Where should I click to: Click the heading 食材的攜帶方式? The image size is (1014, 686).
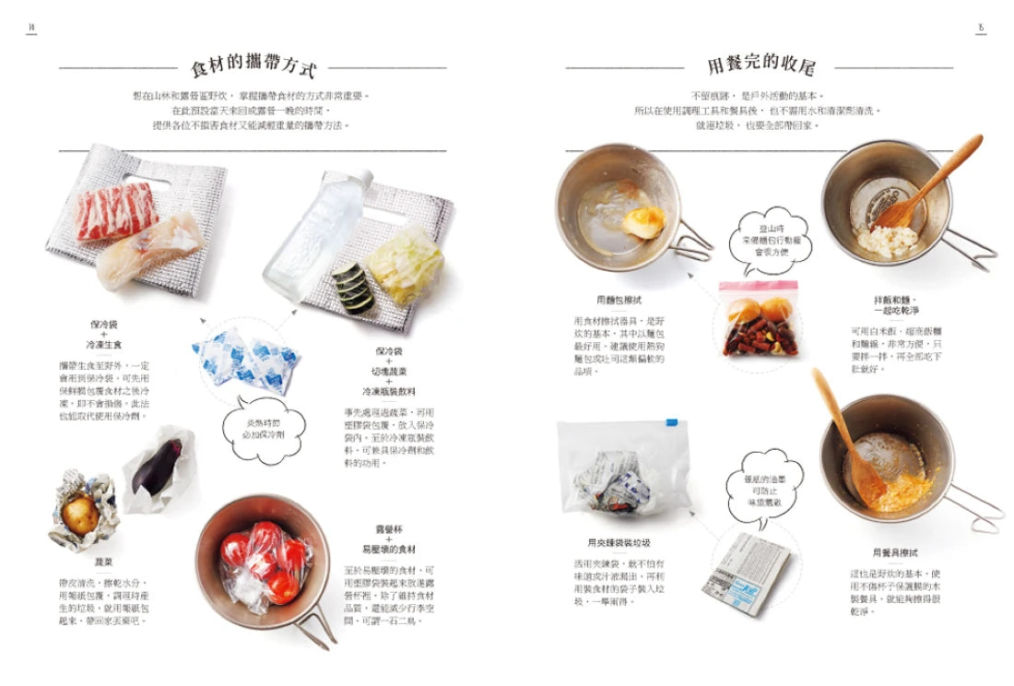pos(253,67)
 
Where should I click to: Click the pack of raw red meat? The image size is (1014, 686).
pos(117,211)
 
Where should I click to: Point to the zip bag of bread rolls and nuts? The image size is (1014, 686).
pos(759,319)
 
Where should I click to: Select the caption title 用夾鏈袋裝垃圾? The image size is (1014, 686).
pos(612,543)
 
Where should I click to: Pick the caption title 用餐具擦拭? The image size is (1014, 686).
pos(895,552)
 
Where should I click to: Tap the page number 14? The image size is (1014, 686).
pos(30,27)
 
